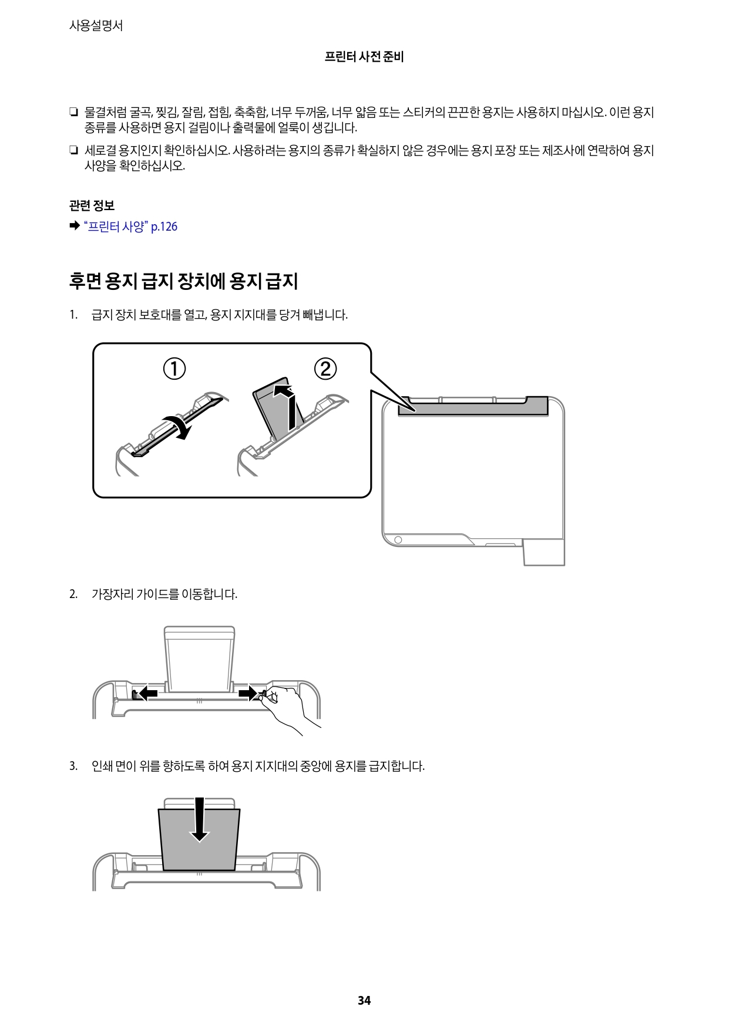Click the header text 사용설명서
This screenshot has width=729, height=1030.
96,26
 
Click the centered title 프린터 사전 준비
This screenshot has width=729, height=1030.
364,58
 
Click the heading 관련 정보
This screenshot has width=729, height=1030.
92,205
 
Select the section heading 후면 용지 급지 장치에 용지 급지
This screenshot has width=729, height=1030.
183,281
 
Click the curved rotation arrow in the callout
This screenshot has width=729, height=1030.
179,425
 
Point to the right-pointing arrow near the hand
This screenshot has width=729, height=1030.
250,694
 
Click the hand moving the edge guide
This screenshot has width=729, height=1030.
287,704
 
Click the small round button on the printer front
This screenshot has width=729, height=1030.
398,539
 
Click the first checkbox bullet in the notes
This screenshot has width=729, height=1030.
73,112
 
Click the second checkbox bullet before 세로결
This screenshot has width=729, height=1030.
73,151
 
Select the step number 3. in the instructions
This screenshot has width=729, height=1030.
73,766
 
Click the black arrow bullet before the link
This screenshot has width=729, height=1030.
74,227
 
